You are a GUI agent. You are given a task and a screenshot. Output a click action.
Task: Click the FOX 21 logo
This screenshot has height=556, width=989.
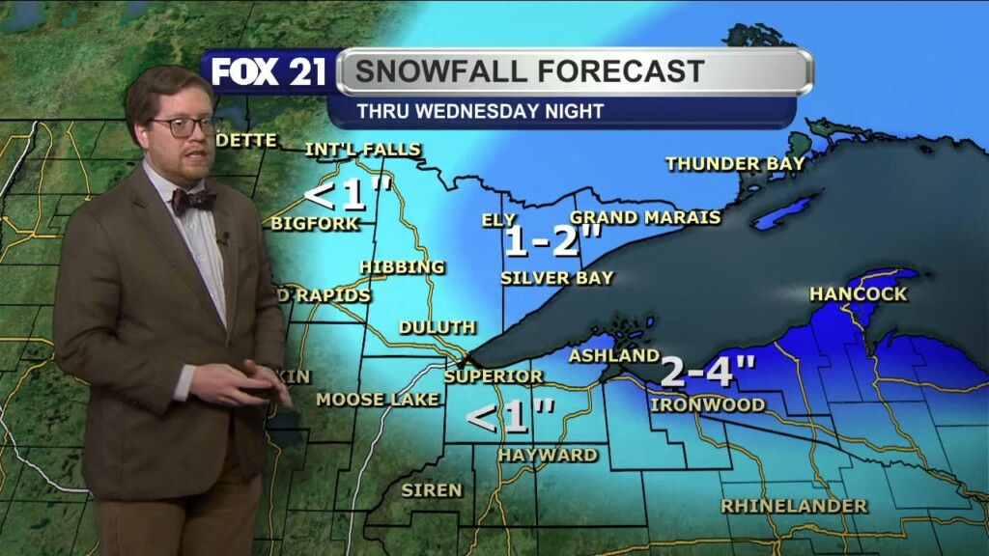(268, 72)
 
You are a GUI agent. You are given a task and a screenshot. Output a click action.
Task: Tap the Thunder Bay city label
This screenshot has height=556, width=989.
(735, 164)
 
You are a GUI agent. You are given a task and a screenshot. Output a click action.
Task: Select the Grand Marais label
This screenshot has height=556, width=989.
(645, 217)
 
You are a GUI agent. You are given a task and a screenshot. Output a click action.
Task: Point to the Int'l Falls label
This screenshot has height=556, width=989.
(362, 150)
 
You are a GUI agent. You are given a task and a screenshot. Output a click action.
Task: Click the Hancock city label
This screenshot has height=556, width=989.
(859, 293)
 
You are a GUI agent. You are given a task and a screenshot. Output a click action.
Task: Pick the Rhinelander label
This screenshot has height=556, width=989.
(794, 506)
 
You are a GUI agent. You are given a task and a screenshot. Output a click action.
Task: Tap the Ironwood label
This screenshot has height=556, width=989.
(707, 404)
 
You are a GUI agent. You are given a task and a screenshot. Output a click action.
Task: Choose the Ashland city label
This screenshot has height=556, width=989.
(613, 356)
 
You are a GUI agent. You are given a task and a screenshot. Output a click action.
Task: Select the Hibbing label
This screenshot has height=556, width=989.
(402, 266)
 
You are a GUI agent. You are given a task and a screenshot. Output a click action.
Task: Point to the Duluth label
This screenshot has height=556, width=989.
(437, 327)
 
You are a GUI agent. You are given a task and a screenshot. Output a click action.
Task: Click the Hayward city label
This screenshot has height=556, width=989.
(548, 455)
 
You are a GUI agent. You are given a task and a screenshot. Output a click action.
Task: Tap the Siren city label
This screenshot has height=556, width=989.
(432, 490)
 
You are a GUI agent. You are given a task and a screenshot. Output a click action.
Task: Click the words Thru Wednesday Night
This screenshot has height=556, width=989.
(480, 111)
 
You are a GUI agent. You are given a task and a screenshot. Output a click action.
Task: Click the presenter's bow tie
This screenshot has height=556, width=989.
(193, 200)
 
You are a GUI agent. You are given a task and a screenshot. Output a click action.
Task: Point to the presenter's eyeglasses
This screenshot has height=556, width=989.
(184, 126)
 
